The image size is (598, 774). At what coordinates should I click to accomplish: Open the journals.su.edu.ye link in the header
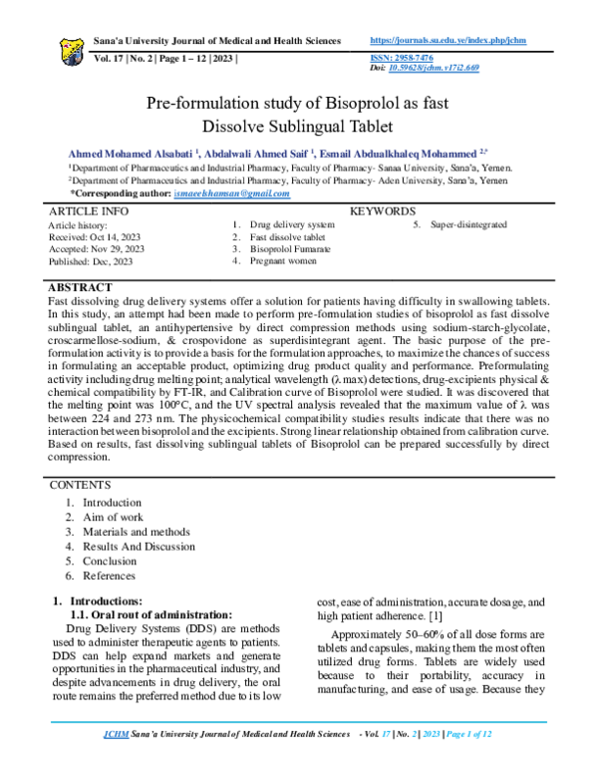pyautogui.click(x=448, y=41)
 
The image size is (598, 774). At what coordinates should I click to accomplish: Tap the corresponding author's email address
pyautogui.click(x=231, y=193)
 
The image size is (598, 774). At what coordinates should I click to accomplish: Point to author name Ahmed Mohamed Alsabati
pyautogui.click(x=132, y=155)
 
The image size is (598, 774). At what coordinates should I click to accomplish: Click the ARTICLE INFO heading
pyautogui.click(x=89, y=212)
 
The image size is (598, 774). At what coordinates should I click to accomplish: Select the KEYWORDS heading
pyautogui.click(x=383, y=212)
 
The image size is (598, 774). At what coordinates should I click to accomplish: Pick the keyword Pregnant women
pyautogui.click(x=283, y=261)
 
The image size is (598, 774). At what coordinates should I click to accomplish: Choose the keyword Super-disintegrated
pyautogui.click(x=468, y=225)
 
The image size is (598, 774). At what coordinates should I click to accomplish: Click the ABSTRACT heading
pyautogui.click(x=82, y=288)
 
